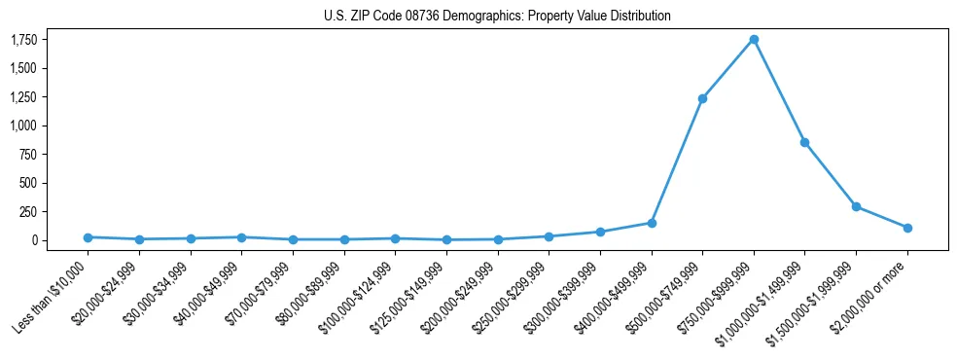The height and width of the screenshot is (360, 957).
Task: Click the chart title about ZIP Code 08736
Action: (x=497, y=17)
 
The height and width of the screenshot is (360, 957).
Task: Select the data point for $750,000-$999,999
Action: (x=754, y=40)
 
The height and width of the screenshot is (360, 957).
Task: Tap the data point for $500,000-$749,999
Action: (x=702, y=98)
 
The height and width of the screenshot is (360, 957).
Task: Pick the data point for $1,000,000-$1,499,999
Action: (x=804, y=142)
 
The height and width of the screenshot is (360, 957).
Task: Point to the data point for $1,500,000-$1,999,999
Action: (x=856, y=206)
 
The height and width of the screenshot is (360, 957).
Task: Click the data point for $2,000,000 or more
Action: (x=907, y=228)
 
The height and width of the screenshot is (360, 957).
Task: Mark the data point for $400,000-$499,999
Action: (x=652, y=223)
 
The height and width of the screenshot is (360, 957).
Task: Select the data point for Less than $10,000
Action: (x=88, y=237)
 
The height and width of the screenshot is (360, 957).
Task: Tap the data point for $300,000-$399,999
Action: (x=600, y=232)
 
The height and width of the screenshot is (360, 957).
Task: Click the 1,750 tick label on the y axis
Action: (x=24, y=40)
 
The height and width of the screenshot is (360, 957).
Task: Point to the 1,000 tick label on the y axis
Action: (x=24, y=126)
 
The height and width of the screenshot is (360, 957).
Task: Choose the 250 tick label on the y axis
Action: (x=30, y=211)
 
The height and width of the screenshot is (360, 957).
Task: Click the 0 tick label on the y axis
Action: (x=35, y=240)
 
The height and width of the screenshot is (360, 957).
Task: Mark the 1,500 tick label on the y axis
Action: (x=24, y=68)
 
